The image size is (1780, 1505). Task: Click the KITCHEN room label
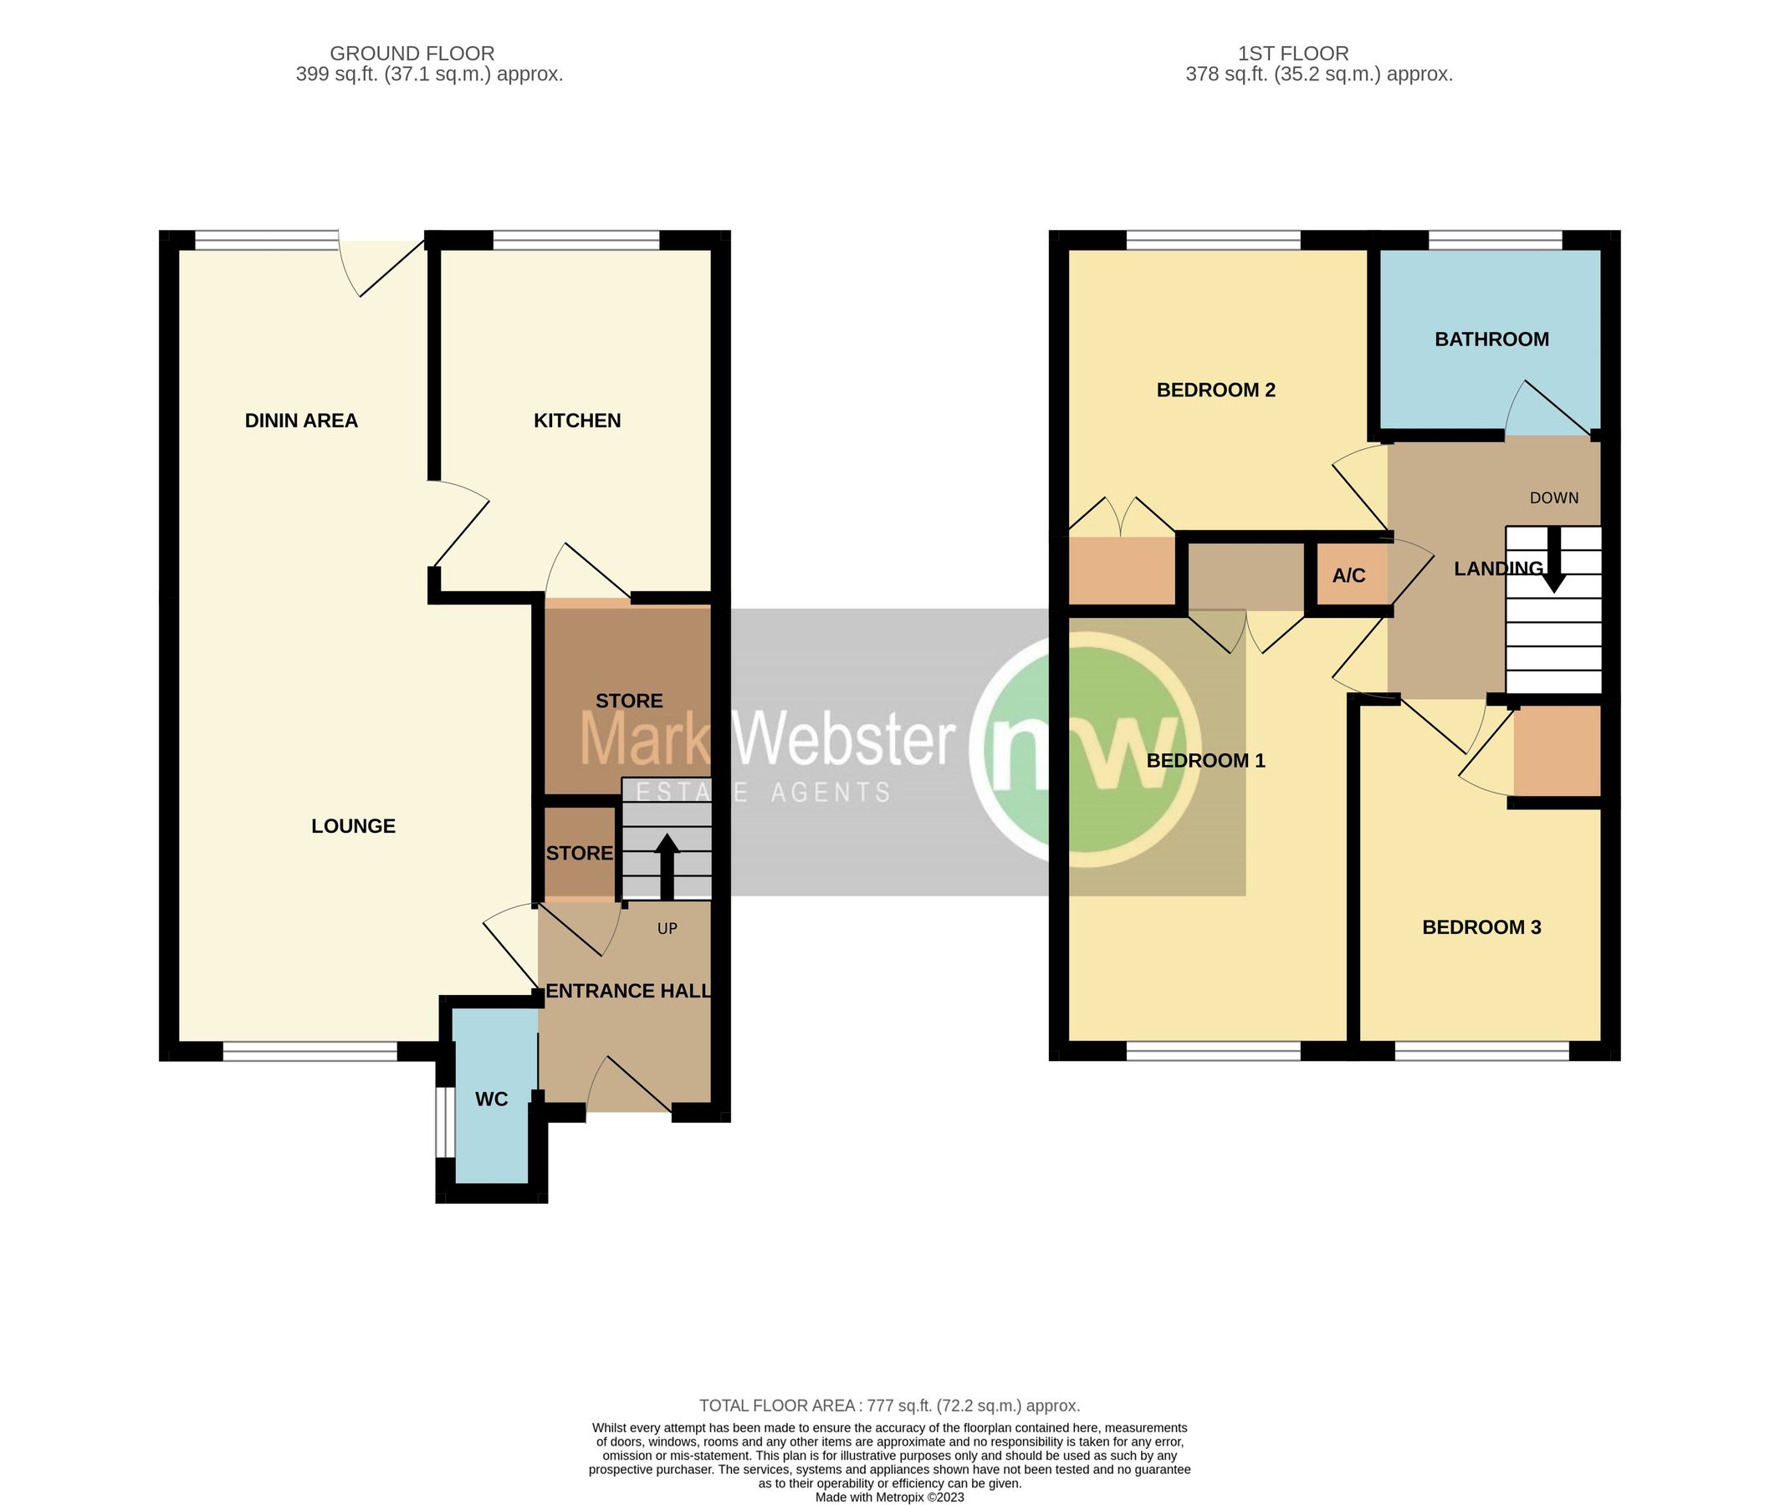577,421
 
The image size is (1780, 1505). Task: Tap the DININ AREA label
301,421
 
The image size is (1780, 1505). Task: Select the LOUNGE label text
353,826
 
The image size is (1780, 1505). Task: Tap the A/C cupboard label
1348,576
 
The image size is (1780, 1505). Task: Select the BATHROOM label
1491,339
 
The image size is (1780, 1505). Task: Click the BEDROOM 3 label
1481,927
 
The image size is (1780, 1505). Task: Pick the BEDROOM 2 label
1215,390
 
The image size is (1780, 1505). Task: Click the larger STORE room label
629,701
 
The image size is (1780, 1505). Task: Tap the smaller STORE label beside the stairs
580,853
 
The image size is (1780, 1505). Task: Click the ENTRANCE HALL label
628,991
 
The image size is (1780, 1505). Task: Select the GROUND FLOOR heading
412,53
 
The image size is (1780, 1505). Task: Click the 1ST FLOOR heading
1293,53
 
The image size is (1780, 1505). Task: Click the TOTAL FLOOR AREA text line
889,1406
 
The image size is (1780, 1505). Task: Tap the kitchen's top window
577,242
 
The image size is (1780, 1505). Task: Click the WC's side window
442,1121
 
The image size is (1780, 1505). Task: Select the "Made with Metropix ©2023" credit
889,1497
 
